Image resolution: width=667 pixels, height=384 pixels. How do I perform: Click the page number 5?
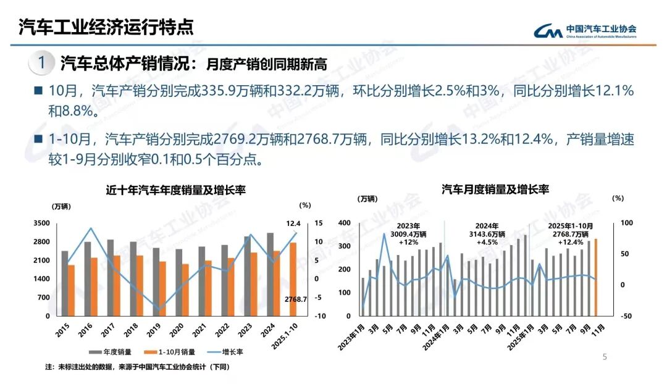click(605, 357)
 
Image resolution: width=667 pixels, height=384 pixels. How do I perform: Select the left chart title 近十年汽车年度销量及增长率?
click(176, 190)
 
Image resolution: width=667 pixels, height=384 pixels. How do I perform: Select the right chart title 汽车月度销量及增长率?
click(495, 189)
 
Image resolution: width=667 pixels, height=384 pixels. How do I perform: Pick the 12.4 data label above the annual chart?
click(293, 223)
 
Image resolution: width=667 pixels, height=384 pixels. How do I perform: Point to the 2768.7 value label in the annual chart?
click(296, 299)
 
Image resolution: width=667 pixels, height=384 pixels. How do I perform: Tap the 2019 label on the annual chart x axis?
click(157, 328)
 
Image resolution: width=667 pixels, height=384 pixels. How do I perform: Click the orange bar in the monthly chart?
click(596, 277)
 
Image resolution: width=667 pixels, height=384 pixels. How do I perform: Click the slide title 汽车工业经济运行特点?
click(106, 27)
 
